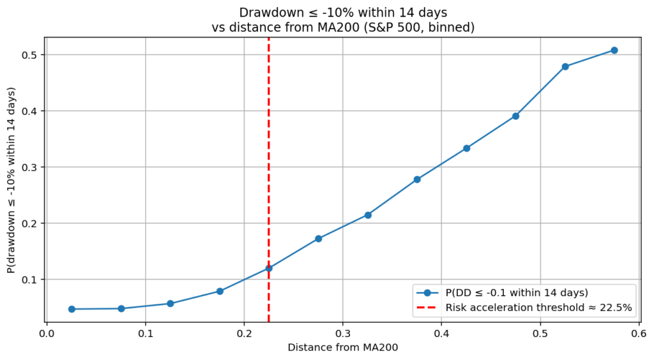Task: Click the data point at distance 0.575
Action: [614, 50]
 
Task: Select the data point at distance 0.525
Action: [565, 66]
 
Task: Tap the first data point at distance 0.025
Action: [72, 309]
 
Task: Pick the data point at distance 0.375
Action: [417, 179]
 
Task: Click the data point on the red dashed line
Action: [269, 268]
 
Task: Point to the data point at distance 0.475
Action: [515, 116]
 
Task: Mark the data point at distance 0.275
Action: [318, 239]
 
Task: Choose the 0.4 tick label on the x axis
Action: [441, 333]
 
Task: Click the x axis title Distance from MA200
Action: [342, 347]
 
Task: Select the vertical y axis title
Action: [11, 181]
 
